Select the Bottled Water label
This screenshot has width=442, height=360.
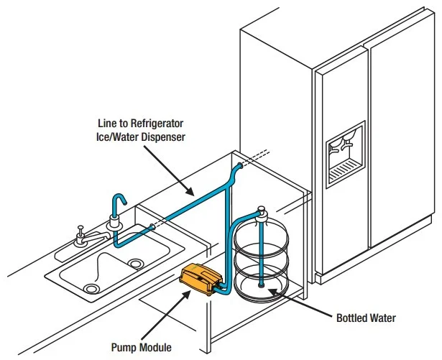tap(367, 317)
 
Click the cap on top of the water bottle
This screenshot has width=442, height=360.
tap(263, 212)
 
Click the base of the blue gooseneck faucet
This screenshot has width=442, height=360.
tap(114, 226)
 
